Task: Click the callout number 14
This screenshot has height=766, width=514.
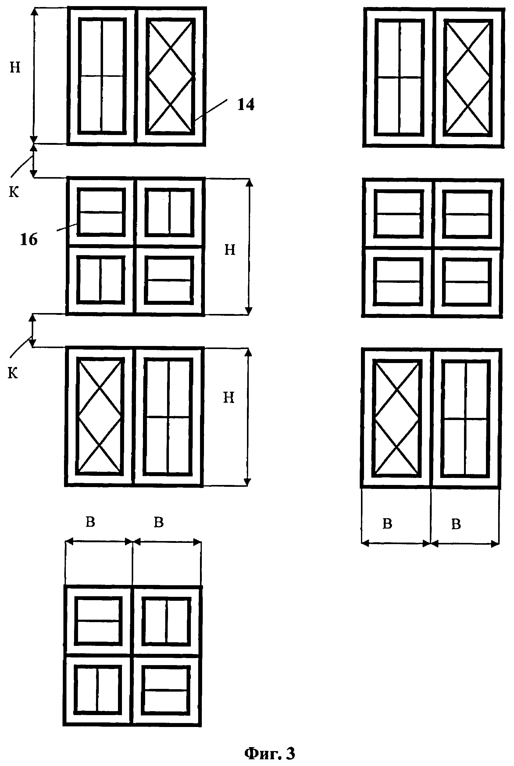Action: pyautogui.click(x=246, y=105)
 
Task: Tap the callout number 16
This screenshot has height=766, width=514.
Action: pyautogui.click(x=29, y=240)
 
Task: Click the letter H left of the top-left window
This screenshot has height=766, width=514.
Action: pyautogui.click(x=15, y=68)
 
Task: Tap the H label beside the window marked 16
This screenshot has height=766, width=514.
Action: pyautogui.click(x=230, y=250)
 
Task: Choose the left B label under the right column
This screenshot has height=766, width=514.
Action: pyautogui.click(x=387, y=524)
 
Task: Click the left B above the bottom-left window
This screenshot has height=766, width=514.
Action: pyautogui.click(x=90, y=522)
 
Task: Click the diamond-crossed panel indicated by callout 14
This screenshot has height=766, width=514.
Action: pyautogui.click(x=170, y=76)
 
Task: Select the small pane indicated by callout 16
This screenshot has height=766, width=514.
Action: pyautogui.click(x=101, y=212)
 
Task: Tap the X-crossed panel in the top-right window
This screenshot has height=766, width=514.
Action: pyautogui.click(x=468, y=78)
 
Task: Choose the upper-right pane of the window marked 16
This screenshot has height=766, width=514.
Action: pyautogui.click(x=169, y=212)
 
